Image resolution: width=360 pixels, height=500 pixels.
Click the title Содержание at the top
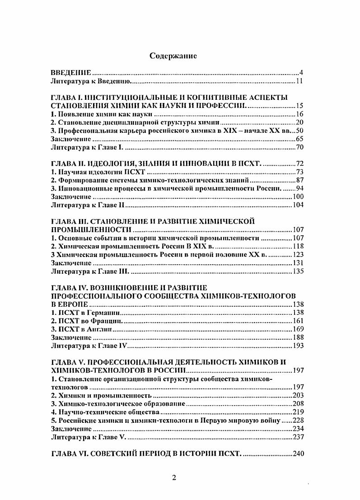pyautogui.click(x=173, y=56)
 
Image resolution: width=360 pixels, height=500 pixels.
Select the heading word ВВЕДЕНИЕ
pyautogui.click(x=71, y=73)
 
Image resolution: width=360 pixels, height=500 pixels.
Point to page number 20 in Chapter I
pyautogui.click(x=299, y=123)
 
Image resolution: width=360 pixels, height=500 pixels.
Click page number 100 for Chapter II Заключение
pyautogui.click(x=298, y=196)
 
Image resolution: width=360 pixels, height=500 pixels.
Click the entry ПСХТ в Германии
pyautogui.click(x=85, y=313)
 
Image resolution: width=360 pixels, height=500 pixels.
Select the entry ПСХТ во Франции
pyautogui.click(x=87, y=321)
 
